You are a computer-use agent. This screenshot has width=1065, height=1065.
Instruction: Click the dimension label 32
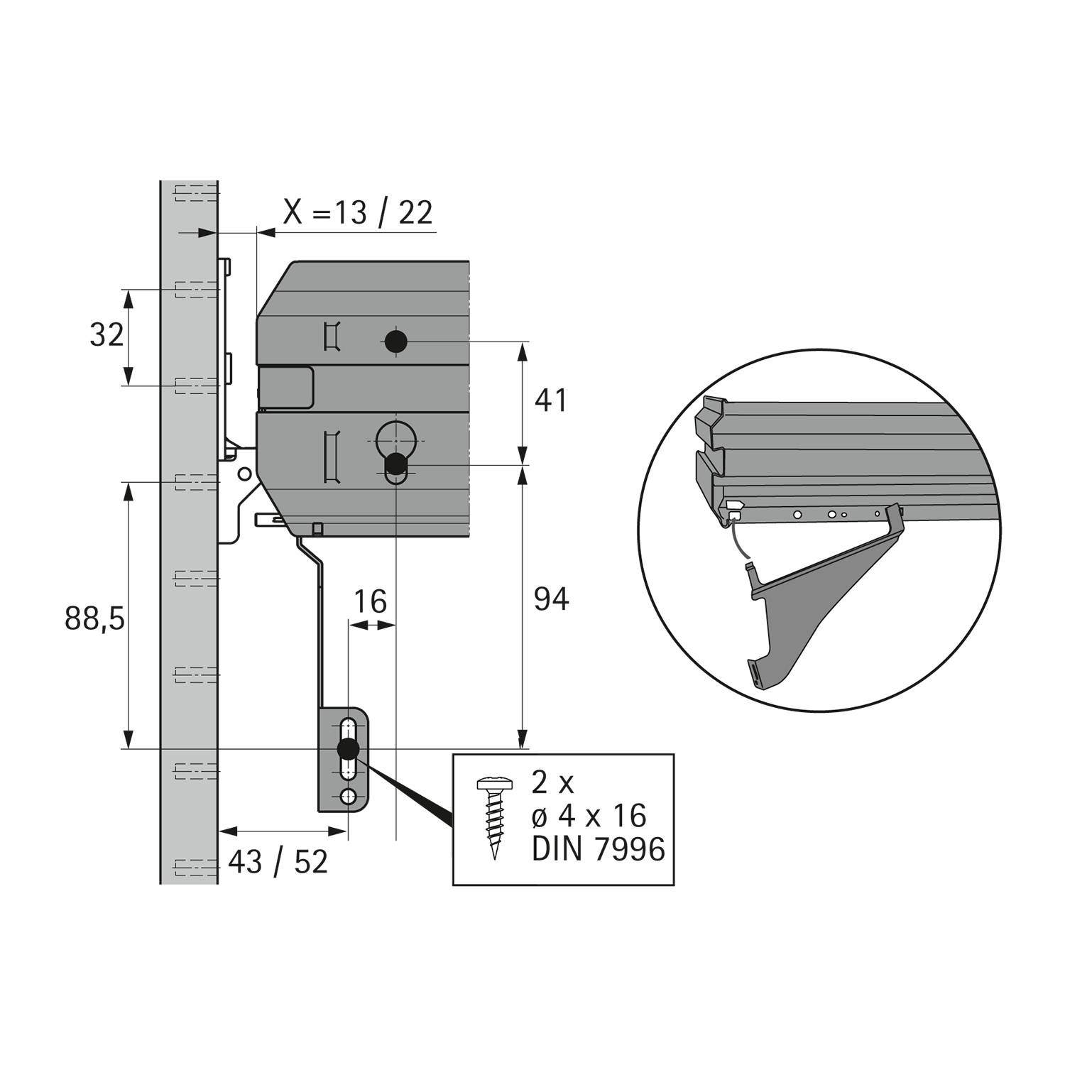106,334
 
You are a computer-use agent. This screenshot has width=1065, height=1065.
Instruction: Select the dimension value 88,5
94,618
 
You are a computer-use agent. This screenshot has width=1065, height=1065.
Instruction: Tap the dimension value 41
550,401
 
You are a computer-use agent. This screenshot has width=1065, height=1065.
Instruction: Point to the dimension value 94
550,600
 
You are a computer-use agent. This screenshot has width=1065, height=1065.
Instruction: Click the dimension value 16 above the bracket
370,602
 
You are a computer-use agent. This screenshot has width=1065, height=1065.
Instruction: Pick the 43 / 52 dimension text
278,862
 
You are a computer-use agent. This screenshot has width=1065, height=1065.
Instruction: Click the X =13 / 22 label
358,212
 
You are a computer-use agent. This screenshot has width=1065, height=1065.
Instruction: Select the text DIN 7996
598,849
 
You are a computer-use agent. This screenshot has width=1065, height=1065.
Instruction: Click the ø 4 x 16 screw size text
589,816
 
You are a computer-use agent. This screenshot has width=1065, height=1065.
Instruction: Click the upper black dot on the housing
395,342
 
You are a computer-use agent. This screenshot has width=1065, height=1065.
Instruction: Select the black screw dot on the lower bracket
347,748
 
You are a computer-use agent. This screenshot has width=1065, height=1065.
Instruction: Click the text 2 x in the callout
552,783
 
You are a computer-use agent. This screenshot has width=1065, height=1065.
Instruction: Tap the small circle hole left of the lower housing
244,473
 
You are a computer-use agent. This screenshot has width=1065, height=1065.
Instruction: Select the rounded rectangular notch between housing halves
286,387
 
